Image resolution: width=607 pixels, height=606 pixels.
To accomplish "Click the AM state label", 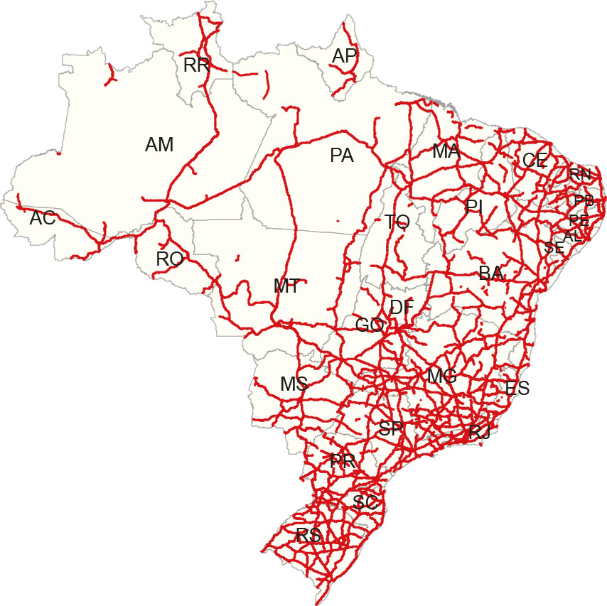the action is point(159,145).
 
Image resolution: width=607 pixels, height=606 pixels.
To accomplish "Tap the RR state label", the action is point(196,66).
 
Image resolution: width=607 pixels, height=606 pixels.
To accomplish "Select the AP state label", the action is point(345,56).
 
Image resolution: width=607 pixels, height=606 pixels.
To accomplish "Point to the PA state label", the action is point(342,156).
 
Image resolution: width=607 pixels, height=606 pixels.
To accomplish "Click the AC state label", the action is point(43,218).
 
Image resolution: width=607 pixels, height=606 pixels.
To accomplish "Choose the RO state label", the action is point(170,259).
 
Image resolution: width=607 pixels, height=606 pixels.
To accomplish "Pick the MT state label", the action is point(286,286).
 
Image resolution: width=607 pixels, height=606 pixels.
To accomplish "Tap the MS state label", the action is point(294,384).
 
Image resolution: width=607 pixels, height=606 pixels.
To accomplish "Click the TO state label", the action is point(398,222).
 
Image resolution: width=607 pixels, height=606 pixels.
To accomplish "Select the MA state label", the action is point(446,151).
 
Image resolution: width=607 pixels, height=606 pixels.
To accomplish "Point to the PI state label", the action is point(474,207).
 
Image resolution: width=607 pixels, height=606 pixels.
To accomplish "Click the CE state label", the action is point(535,161).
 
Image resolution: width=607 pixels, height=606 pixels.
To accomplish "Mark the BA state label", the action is point(491,273).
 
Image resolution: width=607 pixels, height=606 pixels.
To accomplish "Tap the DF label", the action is point(402,308).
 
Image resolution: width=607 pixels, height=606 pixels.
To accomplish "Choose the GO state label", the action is point(370,325).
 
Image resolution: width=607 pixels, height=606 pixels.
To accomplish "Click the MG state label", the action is point(441,377).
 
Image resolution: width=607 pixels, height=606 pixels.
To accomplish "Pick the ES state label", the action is point(517,388).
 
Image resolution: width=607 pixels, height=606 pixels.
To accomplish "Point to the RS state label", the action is point(308,536).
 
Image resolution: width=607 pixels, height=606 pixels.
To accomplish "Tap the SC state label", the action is point(365,502).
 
